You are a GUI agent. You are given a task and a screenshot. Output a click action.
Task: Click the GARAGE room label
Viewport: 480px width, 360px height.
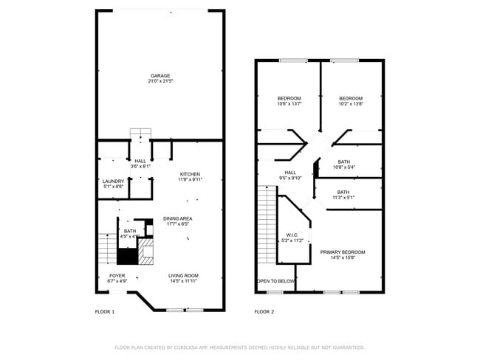point(160,75)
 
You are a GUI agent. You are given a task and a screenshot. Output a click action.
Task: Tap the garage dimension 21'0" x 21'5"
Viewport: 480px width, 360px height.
point(160,81)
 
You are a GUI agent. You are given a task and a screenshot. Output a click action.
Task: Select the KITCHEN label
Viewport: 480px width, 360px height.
point(190,174)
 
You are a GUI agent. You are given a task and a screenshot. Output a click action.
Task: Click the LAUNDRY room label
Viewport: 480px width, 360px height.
point(113,181)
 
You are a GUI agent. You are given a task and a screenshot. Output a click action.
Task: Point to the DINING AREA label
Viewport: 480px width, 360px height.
point(177,218)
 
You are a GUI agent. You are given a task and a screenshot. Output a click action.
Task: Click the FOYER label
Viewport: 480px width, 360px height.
point(107,275)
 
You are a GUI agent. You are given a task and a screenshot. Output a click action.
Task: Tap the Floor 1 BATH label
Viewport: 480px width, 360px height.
point(130,232)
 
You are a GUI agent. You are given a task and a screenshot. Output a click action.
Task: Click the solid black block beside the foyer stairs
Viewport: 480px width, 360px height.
point(127,257)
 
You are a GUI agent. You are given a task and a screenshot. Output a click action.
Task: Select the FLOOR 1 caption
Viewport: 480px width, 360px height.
point(105,312)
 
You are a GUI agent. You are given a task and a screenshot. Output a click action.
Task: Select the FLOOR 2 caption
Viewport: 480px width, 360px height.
point(264,312)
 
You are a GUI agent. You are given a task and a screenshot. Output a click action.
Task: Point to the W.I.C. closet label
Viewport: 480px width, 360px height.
point(289,235)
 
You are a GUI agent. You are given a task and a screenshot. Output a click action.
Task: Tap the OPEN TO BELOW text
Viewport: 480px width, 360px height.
point(275,281)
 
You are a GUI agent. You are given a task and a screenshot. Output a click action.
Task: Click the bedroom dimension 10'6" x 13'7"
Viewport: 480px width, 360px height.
point(289,104)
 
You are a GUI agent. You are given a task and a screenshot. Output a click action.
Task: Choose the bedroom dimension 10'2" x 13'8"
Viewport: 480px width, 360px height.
point(351,104)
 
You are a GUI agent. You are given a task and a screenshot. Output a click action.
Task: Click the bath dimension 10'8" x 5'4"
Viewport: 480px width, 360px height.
point(343,167)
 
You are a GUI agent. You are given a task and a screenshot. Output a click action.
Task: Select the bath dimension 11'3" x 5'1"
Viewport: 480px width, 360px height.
point(343,198)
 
